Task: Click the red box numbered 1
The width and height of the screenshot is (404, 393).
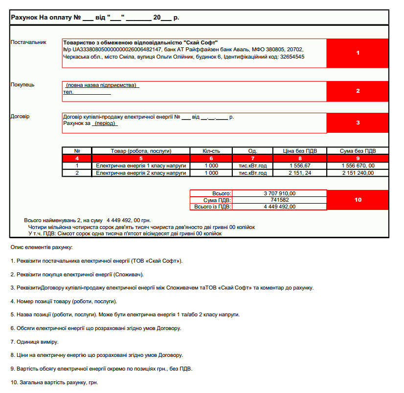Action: (x=358, y=53)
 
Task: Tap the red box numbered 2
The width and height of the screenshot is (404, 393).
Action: (x=358, y=91)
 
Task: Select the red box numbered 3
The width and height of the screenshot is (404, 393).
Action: (x=358, y=123)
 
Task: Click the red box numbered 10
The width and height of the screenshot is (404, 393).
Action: (x=358, y=200)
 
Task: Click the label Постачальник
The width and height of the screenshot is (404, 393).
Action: (x=28, y=42)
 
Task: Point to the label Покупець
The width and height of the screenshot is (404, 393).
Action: (x=22, y=85)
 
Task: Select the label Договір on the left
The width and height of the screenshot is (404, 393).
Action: (x=20, y=117)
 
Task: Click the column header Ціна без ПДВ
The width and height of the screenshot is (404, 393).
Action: (x=300, y=151)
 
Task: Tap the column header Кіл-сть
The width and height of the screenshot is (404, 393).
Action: (x=211, y=151)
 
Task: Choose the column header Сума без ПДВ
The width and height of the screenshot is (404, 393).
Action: (x=357, y=151)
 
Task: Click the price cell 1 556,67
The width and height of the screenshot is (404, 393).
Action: (x=300, y=166)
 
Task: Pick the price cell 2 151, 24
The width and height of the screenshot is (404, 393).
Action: (x=300, y=173)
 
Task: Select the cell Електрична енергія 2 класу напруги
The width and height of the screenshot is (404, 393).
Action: (x=141, y=173)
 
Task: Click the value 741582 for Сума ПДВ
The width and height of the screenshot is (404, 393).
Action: (x=279, y=200)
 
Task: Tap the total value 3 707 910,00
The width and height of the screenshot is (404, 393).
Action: (x=279, y=193)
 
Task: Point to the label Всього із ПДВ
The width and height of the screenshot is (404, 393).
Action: (x=213, y=207)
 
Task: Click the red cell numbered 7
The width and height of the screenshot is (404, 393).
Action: (x=252, y=158)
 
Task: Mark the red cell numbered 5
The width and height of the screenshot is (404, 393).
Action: (x=141, y=158)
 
